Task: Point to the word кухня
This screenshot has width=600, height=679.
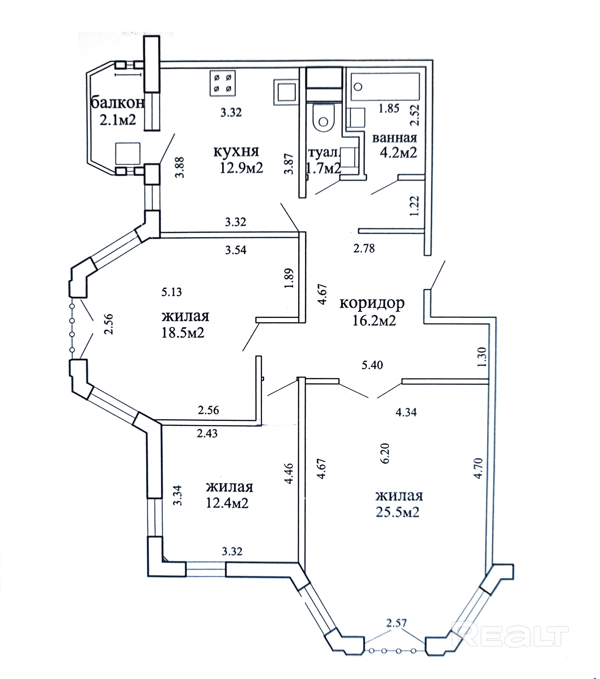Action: click(236, 151)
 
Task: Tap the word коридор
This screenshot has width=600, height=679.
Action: click(372, 303)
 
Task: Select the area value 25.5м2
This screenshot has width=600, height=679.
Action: click(398, 512)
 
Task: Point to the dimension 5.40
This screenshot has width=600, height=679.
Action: click(372, 365)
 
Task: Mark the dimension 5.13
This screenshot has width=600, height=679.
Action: click(172, 292)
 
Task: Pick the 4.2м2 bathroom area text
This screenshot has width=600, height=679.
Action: click(398, 153)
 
